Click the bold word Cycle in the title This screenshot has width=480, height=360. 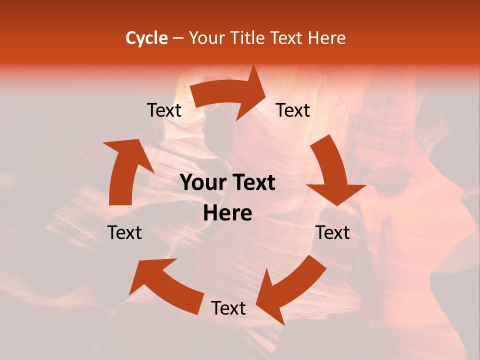click(x=146, y=38)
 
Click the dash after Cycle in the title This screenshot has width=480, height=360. click(x=177, y=38)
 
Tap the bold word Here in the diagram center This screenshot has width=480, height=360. click(x=227, y=213)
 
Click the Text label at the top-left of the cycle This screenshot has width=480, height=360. click(x=164, y=110)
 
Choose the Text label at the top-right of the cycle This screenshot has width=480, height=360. click(x=293, y=110)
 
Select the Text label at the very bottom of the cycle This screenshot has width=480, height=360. click(x=228, y=308)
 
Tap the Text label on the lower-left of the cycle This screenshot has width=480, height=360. click(x=124, y=232)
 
